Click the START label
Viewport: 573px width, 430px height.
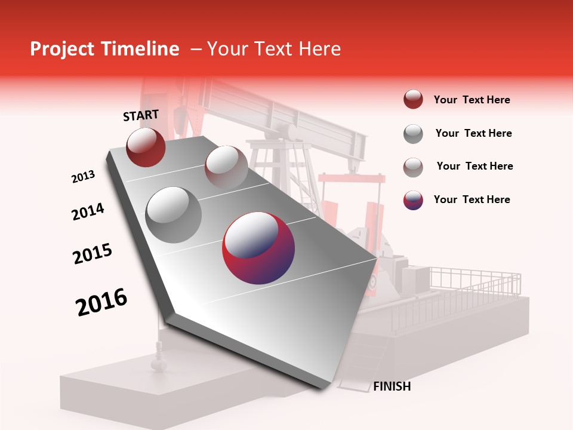click(x=141, y=115)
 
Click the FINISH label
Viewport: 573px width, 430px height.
click(x=392, y=386)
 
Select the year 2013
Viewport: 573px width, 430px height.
click(x=83, y=177)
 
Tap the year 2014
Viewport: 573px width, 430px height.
click(x=88, y=211)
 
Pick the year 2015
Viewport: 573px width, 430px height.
click(x=93, y=254)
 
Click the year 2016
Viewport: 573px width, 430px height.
click(x=101, y=302)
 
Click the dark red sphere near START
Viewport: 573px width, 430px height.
click(x=146, y=147)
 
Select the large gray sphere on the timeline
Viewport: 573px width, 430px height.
click(x=173, y=214)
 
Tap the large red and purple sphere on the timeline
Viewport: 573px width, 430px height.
click(x=258, y=248)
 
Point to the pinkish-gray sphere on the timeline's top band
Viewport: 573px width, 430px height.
click(x=226, y=167)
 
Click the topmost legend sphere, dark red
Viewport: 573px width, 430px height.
click(x=413, y=100)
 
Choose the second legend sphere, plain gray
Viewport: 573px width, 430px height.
click(x=413, y=134)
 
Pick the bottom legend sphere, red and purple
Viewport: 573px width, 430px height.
click(x=413, y=200)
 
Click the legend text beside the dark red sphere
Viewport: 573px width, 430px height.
click(x=472, y=100)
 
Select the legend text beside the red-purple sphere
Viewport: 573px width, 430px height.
click(x=472, y=199)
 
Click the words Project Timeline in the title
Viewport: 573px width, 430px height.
click(x=104, y=49)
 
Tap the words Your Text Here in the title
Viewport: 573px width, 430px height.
click(x=273, y=49)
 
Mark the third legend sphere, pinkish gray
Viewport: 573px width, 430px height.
click(x=413, y=167)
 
